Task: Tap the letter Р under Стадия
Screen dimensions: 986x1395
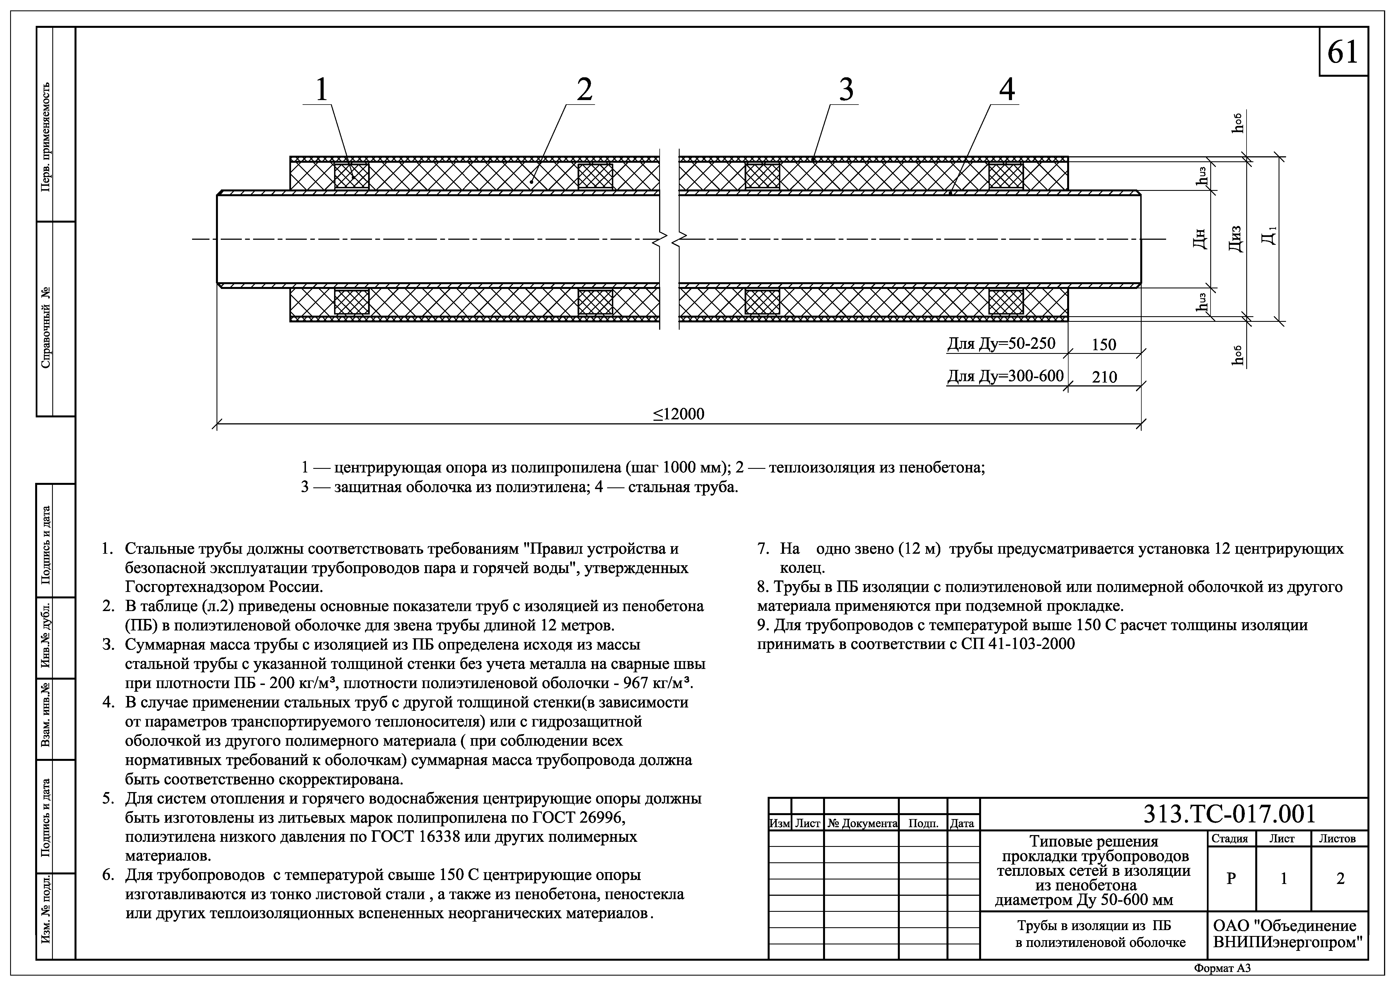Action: [1231, 879]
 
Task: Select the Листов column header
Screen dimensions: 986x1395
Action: [1337, 838]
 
